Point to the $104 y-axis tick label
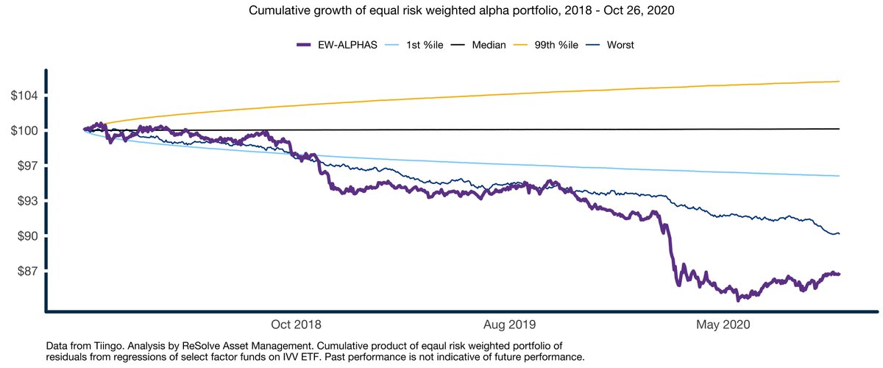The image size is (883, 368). pos(23,96)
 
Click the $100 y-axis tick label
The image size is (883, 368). pos(23,131)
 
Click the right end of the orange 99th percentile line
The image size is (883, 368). pos(840,81)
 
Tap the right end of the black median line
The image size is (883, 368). pos(840,129)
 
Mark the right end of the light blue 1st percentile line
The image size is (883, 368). pos(840,176)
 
